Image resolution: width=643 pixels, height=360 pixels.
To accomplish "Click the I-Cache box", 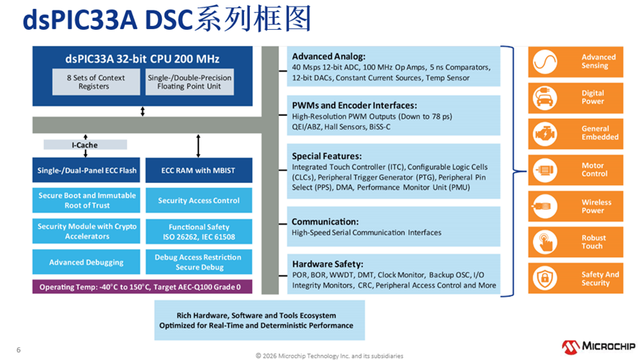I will tap(85, 144).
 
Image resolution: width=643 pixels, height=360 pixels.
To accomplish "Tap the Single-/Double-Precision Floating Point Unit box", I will tap(190, 82).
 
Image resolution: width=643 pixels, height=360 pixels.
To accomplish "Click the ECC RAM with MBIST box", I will tap(198, 170).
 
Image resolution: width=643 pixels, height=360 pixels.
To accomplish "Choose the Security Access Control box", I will tap(198, 200).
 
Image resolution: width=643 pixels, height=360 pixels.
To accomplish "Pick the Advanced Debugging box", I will tap(87, 262).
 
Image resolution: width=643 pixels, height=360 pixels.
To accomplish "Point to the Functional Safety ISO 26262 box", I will tap(198, 231).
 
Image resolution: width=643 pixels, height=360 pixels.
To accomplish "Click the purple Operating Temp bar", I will tap(141, 287).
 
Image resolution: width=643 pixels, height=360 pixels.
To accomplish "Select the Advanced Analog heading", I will tap(329, 57).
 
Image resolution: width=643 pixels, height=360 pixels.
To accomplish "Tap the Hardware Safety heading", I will tap(327, 264).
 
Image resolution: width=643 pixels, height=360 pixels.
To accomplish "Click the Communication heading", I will tap(325, 222).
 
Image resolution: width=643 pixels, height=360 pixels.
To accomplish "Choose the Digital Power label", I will tap(592, 97).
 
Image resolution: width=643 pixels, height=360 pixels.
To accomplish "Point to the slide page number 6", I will tap(19, 349).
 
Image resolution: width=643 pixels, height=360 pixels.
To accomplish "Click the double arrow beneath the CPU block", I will tap(142, 112).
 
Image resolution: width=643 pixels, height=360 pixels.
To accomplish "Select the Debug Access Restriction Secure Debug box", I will tap(198, 262).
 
